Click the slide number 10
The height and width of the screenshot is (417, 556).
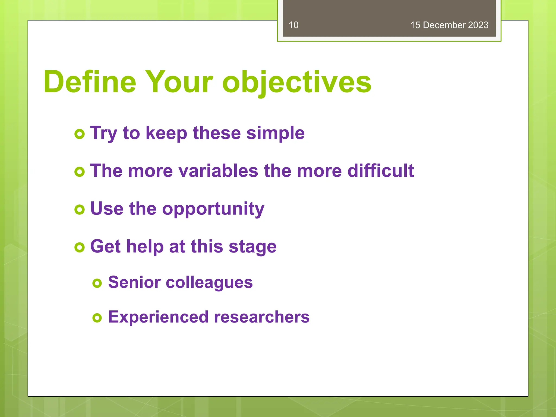pos(293,25)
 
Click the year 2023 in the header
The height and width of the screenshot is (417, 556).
pos(478,25)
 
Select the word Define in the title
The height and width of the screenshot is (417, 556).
pos(90,82)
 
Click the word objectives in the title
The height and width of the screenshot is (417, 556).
pos(296,82)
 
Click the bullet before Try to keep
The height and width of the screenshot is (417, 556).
pos(80,134)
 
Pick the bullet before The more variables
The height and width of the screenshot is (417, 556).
pos(80,172)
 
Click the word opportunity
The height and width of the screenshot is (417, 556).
pos(213,209)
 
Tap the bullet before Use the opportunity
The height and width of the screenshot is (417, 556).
pos(80,209)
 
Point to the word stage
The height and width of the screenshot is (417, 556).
pos(252,247)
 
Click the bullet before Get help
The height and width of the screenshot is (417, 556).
pos(80,247)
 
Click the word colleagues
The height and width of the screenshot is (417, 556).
pos(209,283)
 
